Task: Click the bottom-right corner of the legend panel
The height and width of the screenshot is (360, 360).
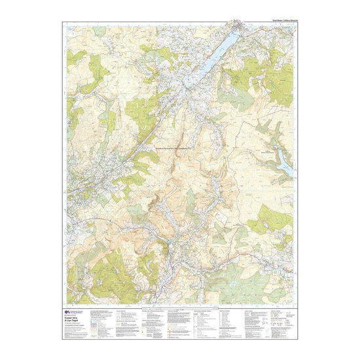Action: tap(295, 336)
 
